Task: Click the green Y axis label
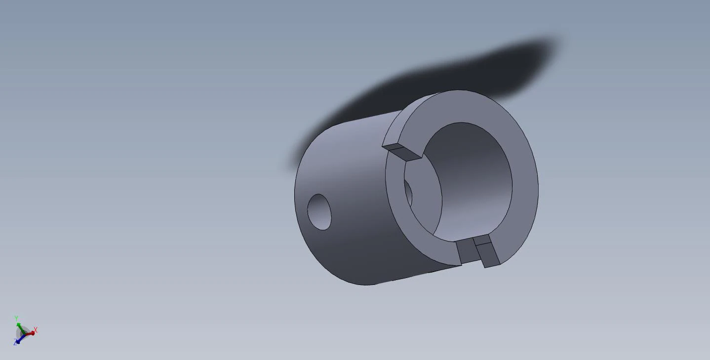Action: [16, 318]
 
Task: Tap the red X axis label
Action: [36, 330]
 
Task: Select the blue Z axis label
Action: [15, 342]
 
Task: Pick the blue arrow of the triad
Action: [20, 339]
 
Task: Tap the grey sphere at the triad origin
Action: [24, 333]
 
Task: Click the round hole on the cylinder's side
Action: [319, 212]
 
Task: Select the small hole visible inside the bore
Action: [408, 193]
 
